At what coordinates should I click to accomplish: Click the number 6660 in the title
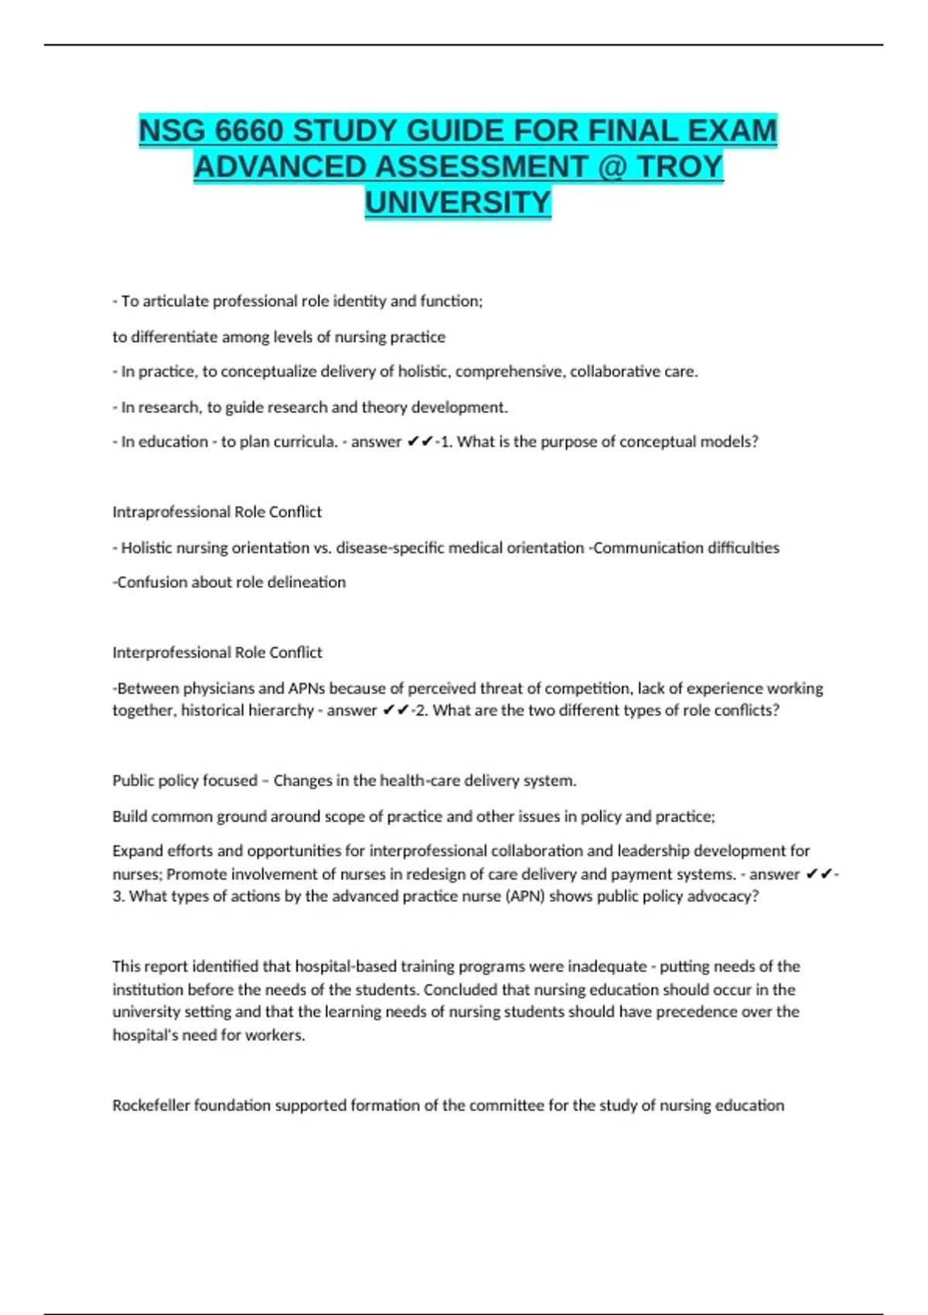coord(249,131)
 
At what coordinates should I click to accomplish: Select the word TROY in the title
coord(680,167)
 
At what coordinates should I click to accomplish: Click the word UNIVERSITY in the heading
coord(458,203)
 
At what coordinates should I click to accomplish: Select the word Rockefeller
coord(151,1105)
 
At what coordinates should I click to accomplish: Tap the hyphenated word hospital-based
coord(346,966)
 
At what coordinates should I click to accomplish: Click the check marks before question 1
coord(420,442)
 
